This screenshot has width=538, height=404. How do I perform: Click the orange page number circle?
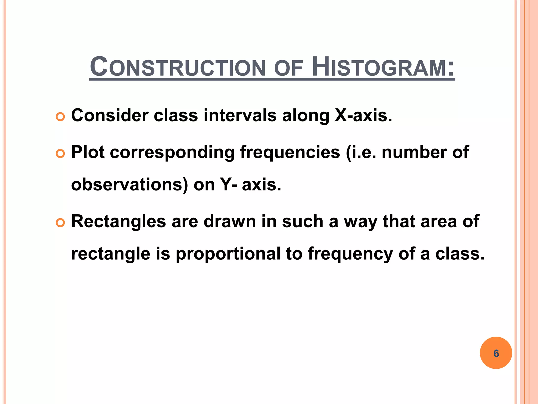tap(496, 353)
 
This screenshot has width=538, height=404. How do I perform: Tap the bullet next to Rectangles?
tap(60, 223)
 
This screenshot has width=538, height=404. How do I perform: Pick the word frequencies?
tap(290, 153)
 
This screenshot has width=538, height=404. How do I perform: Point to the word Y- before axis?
tap(228, 185)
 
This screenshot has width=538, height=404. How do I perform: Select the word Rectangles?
tap(118, 221)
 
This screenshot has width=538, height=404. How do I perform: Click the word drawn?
tap(230, 221)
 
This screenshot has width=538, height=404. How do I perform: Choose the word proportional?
tap(228, 254)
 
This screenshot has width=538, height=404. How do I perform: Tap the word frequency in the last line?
tap(350, 254)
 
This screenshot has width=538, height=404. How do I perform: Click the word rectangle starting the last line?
tap(111, 254)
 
